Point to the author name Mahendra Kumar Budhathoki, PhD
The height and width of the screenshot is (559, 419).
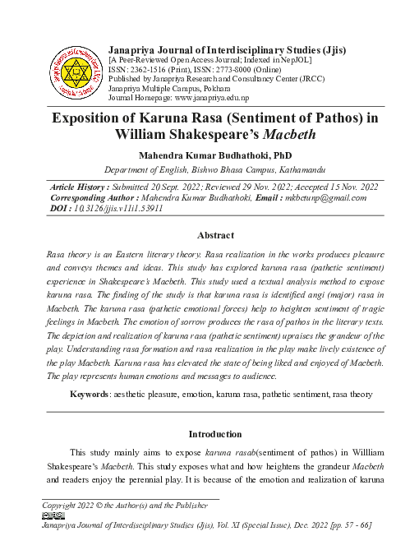[214, 155]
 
